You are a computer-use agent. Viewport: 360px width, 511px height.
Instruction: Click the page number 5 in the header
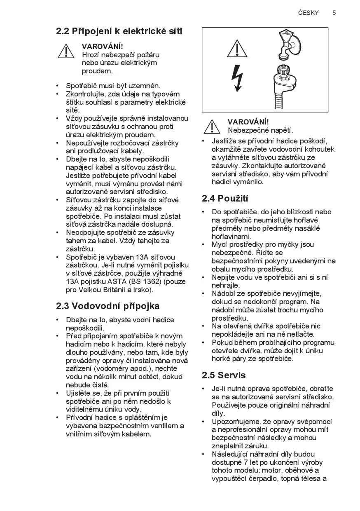(x=334, y=13)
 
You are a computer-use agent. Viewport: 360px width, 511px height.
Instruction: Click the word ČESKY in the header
(x=309, y=13)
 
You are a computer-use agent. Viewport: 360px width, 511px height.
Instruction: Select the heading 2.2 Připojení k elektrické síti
(x=119, y=31)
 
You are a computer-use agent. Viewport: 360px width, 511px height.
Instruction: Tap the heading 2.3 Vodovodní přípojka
(x=108, y=306)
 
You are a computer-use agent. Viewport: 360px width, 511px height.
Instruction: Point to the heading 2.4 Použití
(x=225, y=198)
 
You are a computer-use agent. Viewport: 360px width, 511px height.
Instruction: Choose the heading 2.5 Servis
(x=224, y=375)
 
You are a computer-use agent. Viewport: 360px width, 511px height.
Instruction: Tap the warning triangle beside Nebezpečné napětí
(x=212, y=127)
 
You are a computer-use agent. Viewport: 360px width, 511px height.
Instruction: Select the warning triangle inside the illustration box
(x=237, y=49)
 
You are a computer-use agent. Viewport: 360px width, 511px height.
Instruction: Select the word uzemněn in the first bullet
(x=144, y=86)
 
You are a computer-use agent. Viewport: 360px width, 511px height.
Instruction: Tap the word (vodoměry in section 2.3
(x=112, y=368)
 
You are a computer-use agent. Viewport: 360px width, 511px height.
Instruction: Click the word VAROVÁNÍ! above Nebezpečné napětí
(x=248, y=122)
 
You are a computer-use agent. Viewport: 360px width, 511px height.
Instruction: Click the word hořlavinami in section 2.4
(x=231, y=237)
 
